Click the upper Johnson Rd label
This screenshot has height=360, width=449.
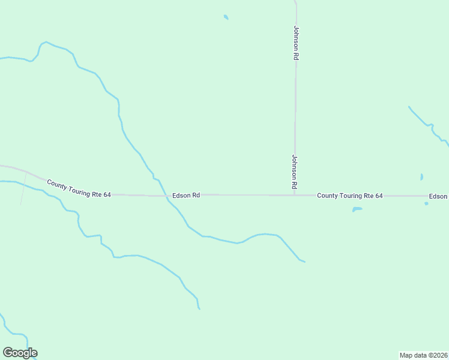pyautogui.click(x=296, y=42)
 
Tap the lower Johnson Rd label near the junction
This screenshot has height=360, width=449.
pyautogui.click(x=295, y=172)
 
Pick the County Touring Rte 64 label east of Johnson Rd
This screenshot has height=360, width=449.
pyautogui.click(x=349, y=196)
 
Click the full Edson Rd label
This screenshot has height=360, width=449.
pyautogui.click(x=185, y=195)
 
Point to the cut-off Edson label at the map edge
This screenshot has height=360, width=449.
pyautogui.click(x=438, y=196)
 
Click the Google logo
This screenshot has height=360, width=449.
pyautogui.click(x=20, y=353)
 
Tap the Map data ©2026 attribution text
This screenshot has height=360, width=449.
pyautogui.click(x=423, y=355)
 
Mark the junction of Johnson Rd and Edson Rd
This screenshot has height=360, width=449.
pyautogui.click(x=294, y=195)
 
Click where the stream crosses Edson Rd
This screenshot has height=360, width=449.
pyautogui.click(x=166, y=195)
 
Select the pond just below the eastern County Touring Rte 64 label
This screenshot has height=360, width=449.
pyautogui.click(x=357, y=209)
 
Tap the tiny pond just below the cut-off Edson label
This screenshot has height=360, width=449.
pyautogui.click(x=426, y=203)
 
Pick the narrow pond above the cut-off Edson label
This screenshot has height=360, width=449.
pyautogui.click(x=422, y=177)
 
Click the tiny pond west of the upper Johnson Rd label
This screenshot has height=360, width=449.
pyautogui.click(x=226, y=17)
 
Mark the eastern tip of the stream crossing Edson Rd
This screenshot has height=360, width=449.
pyautogui.click(x=304, y=262)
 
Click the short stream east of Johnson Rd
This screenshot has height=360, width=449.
pyautogui.click(x=427, y=125)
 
